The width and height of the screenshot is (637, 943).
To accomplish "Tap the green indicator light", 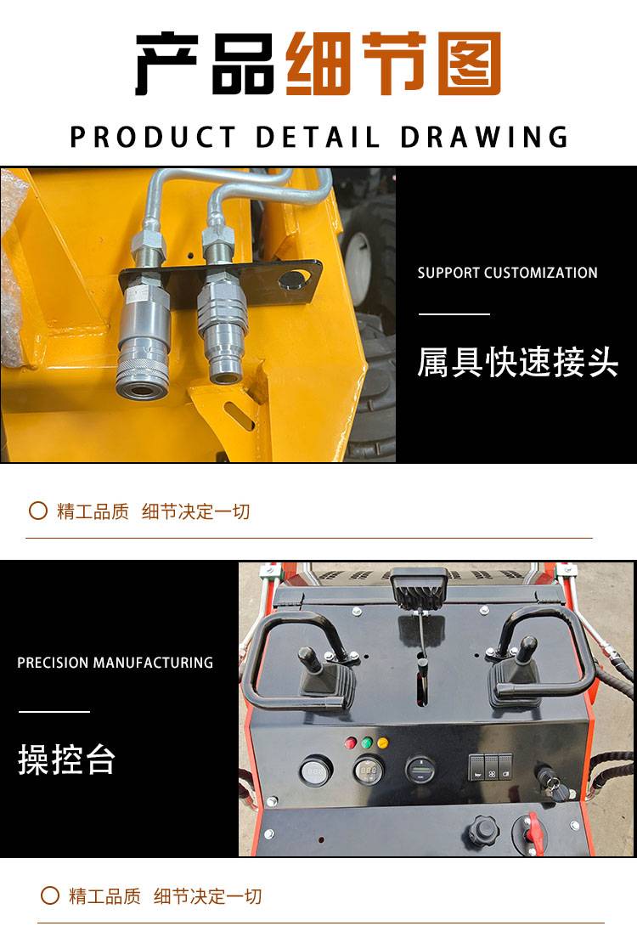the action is pyautogui.click(x=366, y=743).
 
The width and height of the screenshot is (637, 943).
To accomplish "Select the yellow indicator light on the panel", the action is pyautogui.click(x=382, y=743).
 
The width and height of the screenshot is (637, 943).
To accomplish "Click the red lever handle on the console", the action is pyautogui.click(x=532, y=829).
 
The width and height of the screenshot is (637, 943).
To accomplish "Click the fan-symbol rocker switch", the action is pyautogui.click(x=492, y=767).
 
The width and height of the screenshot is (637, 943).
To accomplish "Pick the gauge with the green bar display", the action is pyautogui.click(x=420, y=769).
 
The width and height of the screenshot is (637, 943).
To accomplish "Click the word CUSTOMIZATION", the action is pyautogui.click(x=541, y=273).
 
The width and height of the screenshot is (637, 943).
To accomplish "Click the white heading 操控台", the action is pyautogui.click(x=66, y=759).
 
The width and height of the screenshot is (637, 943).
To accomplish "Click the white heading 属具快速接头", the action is pyautogui.click(x=518, y=362).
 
